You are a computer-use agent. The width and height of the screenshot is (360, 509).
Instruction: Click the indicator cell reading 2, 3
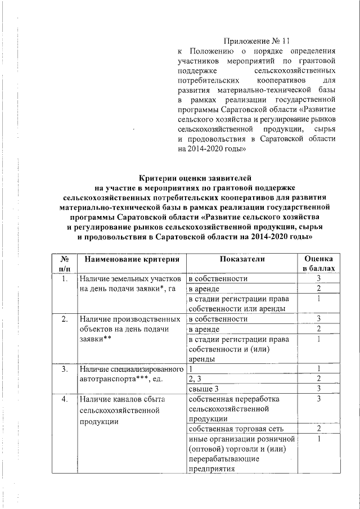click(x=195, y=379)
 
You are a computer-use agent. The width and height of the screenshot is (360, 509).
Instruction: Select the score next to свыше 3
click(x=319, y=389)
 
